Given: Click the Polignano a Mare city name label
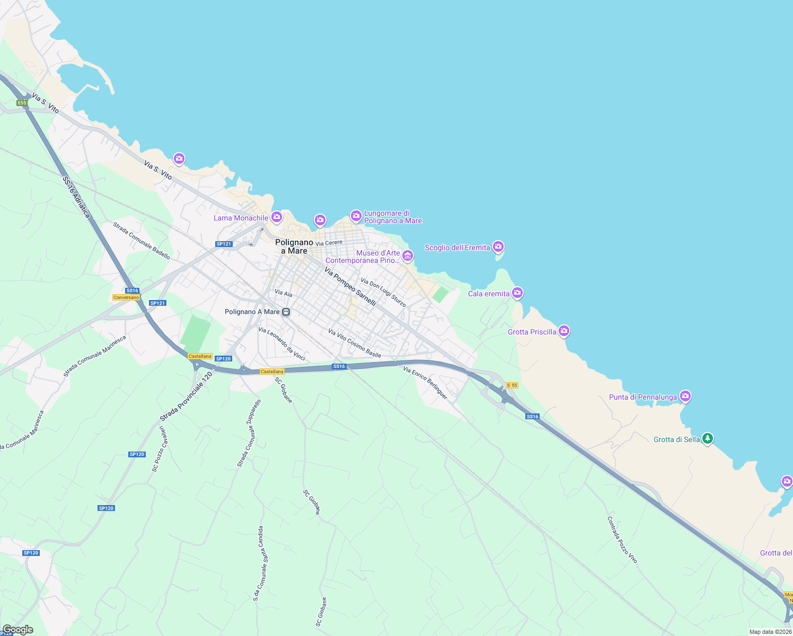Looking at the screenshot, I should (x=294, y=246).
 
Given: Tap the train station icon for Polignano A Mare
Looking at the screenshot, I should (x=286, y=312).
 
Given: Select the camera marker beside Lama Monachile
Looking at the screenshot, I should (x=277, y=217).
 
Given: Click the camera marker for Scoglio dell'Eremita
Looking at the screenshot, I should (x=498, y=246).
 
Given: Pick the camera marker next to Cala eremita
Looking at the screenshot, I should (x=517, y=293).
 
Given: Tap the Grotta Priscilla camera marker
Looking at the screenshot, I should (x=564, y=331).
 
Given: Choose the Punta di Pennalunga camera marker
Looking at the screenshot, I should (x=685, y=396).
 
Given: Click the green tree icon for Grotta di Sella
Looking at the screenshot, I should (x=708, y=439).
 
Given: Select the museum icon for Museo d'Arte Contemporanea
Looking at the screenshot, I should (x=408, y=256).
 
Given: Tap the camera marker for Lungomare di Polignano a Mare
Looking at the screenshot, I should (x=356, y=216).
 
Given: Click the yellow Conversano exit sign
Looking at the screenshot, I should (x=126, y=297).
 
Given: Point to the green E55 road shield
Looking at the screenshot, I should (x=22, y=103).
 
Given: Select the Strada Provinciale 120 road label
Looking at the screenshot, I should (x=186, y=397).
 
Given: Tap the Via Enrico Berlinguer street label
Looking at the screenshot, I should (x=425, y=383).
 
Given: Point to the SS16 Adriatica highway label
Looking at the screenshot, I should (x=76, y=197).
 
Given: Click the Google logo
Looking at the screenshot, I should (x=18, y=630).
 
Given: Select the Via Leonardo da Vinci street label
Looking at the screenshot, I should (x=281, y=344).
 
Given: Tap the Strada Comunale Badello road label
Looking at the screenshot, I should (x=142, y=241).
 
